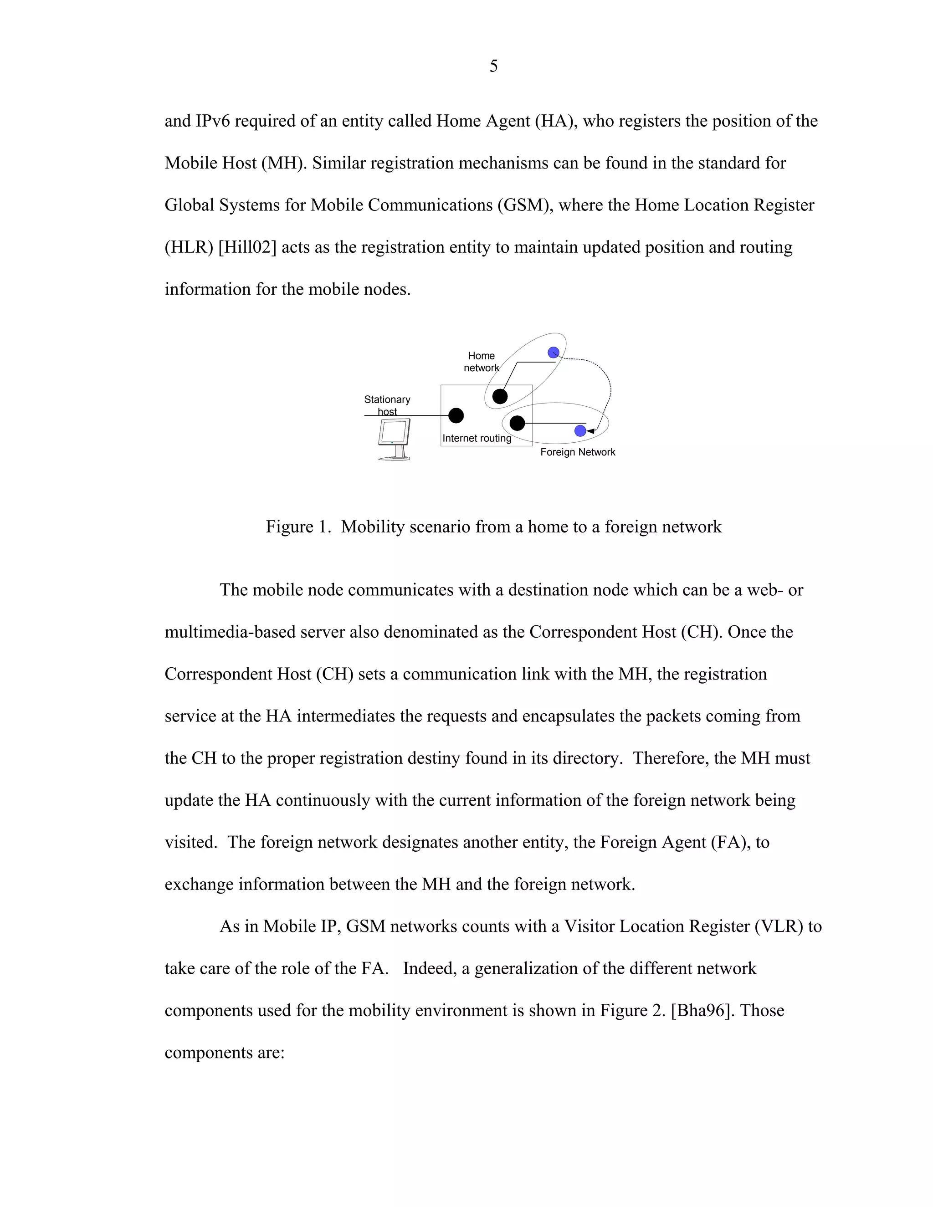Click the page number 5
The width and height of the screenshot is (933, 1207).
[x=493, y=66]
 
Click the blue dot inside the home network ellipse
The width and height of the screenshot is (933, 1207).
[x=553, y=353]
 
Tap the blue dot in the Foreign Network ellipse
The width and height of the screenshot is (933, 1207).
[x=580, y=431]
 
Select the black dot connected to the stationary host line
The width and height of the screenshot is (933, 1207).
[x=456, y=415]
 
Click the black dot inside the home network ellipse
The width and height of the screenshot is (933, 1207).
[x=500, y=396]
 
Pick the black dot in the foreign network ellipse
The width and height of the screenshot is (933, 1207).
[x=517, y=423]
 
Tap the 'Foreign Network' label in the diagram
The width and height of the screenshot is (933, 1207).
[x=578, y=452]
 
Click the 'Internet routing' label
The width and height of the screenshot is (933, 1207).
[x=477, y=438]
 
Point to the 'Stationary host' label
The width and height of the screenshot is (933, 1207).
[x=387, y=405]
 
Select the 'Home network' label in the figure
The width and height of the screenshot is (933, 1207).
[x=481, y=362]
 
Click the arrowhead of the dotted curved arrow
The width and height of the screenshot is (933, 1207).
[x=590, y=431]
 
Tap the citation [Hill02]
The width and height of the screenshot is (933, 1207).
[x=247, y=247]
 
